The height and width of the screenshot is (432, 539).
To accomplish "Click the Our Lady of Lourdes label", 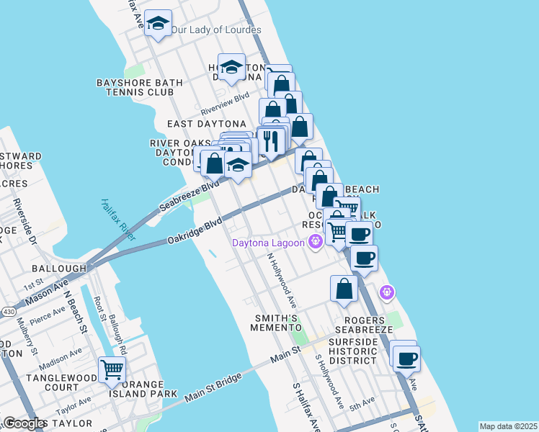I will [215, 30].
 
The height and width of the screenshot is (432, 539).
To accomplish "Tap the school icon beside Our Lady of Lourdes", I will [158, 24].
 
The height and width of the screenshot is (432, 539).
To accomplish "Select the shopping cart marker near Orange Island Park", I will [112, 370].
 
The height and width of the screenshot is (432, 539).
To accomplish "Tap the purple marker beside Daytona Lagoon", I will [314, 243].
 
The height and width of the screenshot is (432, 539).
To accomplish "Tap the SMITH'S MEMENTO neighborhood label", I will [274, 323].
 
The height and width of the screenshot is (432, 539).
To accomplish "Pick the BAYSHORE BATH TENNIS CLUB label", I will [135, 87].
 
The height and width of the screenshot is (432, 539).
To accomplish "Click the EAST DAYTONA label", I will [206, 124].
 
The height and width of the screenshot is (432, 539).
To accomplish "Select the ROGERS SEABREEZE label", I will [368, 324].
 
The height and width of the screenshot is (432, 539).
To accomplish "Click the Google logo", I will [24, 423].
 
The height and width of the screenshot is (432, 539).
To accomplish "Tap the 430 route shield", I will [8, 311].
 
